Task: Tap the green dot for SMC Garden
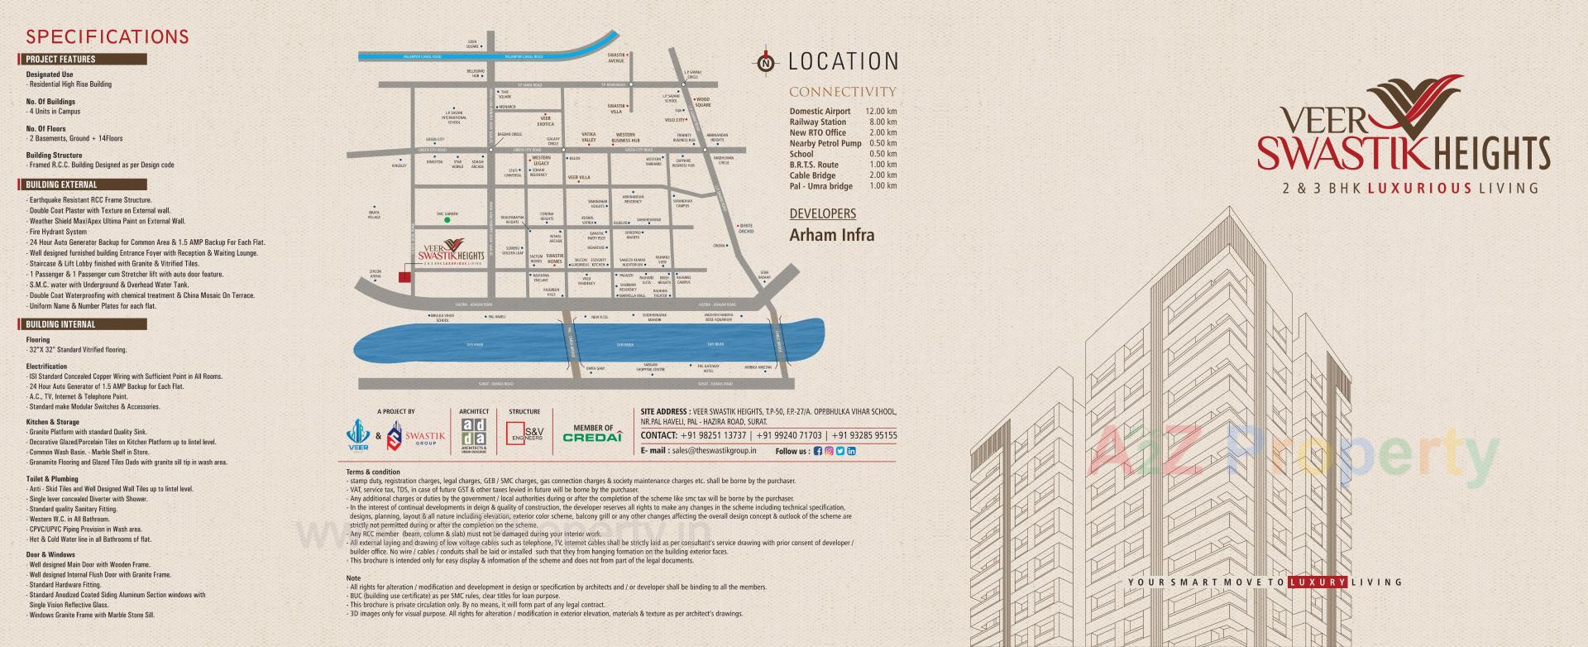pos(447,220)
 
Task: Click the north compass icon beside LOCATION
pos(767,62)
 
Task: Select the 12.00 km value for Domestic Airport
pos(881,111)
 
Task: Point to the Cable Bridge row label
pos(812,175)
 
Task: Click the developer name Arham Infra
pos(831,235)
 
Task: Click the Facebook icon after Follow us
pos(818,451)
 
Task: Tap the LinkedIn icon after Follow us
pos(851,451)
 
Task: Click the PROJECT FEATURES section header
pos(83,60)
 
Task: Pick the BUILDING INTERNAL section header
pos(83,324)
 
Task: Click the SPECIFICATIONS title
pos(108,36)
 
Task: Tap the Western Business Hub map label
pos(624,137)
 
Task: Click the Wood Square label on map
pos(702,102)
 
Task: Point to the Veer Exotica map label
pos(546,121)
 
